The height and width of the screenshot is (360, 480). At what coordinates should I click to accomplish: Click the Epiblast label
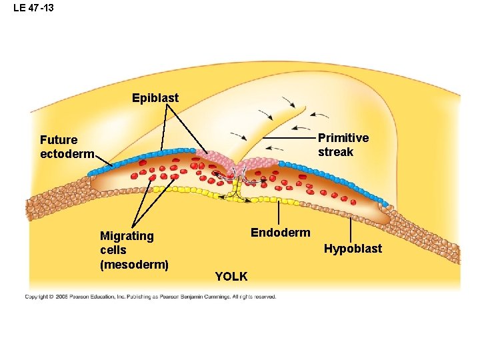(x=155, y=99)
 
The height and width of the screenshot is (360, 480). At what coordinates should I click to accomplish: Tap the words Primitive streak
(x=343, y=145)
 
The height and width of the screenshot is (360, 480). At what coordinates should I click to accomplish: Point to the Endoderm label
(x=280, y=233)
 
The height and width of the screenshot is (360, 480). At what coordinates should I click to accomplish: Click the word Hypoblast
(x=353, y=249)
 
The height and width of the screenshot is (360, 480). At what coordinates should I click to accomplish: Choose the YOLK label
(x=231, y=276)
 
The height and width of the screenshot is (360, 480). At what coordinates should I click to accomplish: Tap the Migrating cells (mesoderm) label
(x=133, y=250)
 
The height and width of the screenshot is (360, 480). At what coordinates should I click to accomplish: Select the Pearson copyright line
(x=151, y=297)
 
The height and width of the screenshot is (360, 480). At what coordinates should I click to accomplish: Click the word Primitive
(x=343, y=138)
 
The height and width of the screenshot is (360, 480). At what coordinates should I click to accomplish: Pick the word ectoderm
(x=67, y=155)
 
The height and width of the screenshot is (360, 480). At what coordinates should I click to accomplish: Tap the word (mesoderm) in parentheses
(x=134, y=265)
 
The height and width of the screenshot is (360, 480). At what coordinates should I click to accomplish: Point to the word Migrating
(x=127, y=236)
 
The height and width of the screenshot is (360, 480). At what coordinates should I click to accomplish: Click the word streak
(x=335, y=152)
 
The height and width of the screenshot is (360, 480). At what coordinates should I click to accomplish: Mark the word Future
(x=59, y=140)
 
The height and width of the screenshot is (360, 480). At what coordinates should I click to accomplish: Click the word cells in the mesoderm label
(x=113, y=250)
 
